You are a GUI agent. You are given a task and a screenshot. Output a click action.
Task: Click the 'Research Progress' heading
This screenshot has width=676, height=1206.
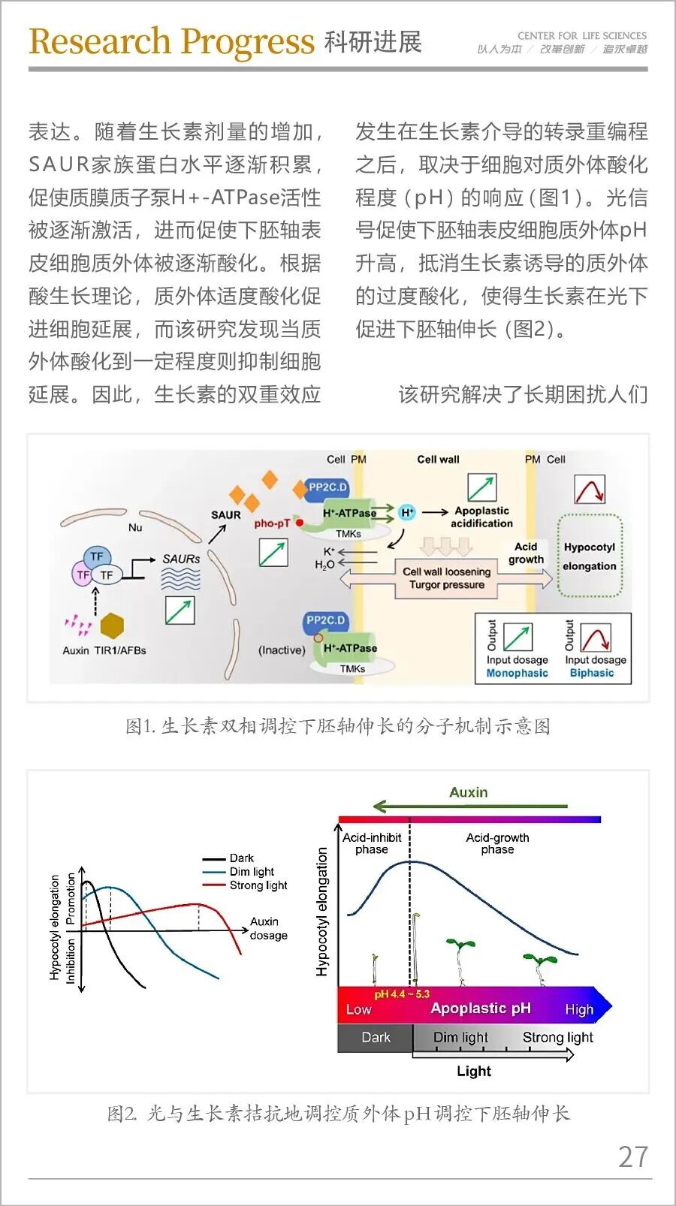pos(171,41)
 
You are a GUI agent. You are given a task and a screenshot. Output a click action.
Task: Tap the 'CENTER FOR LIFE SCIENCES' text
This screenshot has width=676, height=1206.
pos(582,36)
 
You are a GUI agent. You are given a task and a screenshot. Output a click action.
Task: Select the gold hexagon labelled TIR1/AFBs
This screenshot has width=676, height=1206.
pos(112,625)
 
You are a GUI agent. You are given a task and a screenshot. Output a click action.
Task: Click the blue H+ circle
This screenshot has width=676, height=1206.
pos(407,513)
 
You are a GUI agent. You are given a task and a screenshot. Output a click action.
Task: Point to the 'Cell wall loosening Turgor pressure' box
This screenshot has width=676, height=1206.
pos(447,579)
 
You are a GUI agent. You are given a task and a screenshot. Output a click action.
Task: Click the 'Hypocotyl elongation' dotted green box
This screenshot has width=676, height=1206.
pos(590,556)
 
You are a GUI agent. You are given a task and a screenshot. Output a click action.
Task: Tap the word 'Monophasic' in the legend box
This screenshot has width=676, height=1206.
pos(517,673)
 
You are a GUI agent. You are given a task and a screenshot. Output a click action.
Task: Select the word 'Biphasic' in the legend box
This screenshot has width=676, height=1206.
pos(592,673)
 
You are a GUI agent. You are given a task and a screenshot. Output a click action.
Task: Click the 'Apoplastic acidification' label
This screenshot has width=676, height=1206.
pos(482,517)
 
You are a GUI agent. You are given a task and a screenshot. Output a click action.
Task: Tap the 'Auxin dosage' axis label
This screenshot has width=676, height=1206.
pos(268,929)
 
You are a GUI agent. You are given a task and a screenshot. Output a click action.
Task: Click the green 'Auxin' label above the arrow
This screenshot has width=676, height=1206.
pos(469,792)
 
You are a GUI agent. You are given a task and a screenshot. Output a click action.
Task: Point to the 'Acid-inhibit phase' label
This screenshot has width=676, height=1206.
pos(372,843)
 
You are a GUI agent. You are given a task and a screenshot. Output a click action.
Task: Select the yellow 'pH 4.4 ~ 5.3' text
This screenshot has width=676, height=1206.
pos(402,994)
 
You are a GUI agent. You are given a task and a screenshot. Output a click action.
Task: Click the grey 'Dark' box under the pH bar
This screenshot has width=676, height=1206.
pos(376,1037)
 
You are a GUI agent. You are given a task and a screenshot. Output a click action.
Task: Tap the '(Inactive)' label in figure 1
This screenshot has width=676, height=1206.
pos(282,650)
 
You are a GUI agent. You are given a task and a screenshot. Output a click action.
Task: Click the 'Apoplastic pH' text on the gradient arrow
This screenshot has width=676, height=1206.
pos(481,1008)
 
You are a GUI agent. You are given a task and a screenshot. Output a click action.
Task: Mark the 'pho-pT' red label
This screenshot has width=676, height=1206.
pos(272,523)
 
